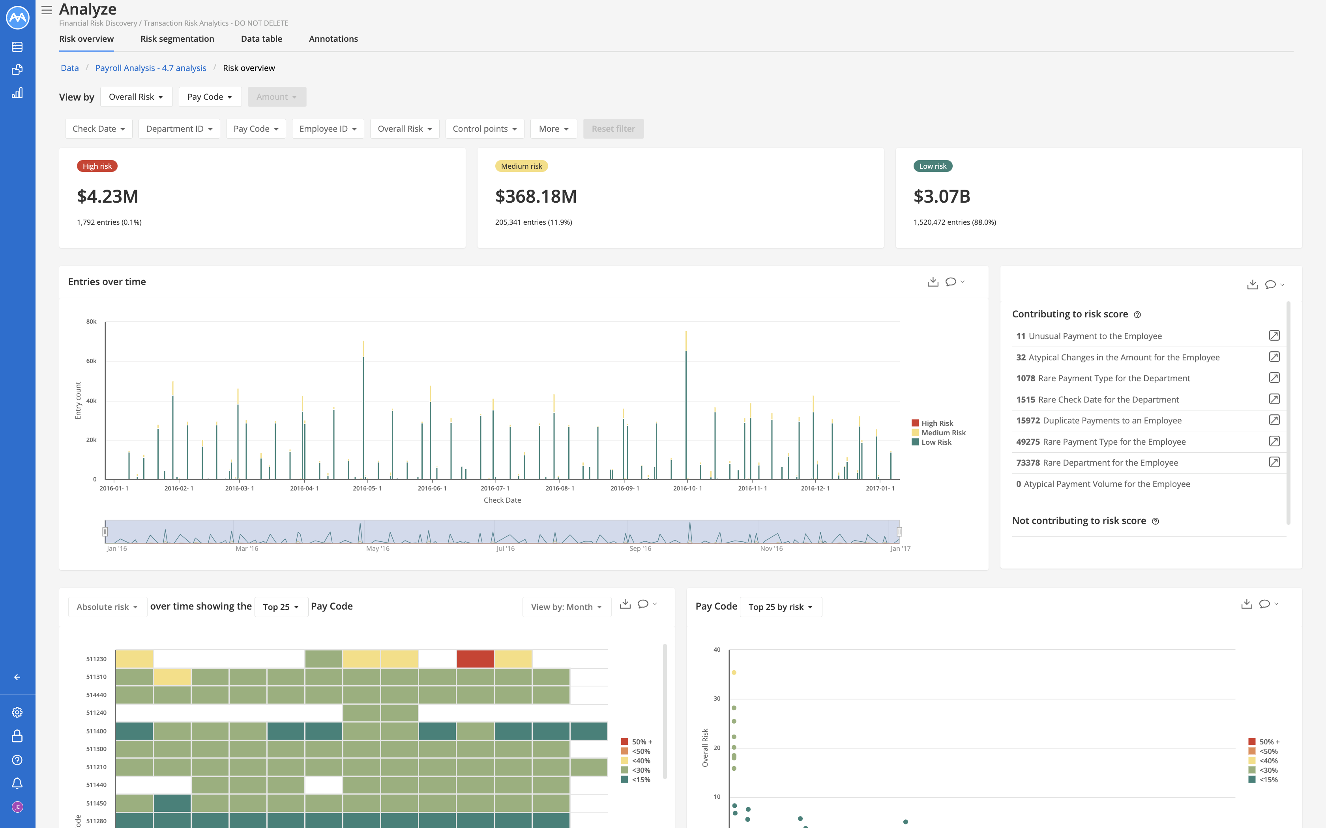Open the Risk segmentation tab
tap(177, 39)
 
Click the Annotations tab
tap(333, 39)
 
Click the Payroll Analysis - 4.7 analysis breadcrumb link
tap(151, 68)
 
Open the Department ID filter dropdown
tap(179, 129)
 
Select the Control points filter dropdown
tap(484, 129)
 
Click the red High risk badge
tap(97, 166)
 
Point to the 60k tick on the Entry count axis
tap(91, 361)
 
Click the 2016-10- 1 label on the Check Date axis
tap(687, 488)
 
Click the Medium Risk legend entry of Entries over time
tap(942, 433)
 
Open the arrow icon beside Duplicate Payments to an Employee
tap(1274, 420)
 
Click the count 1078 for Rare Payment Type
tap(1025, 379)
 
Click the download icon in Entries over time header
tap(933, 282)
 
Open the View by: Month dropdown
tap(566, 607)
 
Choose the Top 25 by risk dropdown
tap(780, 607)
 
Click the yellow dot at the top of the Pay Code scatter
tap(734, 673)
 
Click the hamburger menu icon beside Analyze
tap(47, 10)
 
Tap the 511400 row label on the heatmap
tap(96, 731)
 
